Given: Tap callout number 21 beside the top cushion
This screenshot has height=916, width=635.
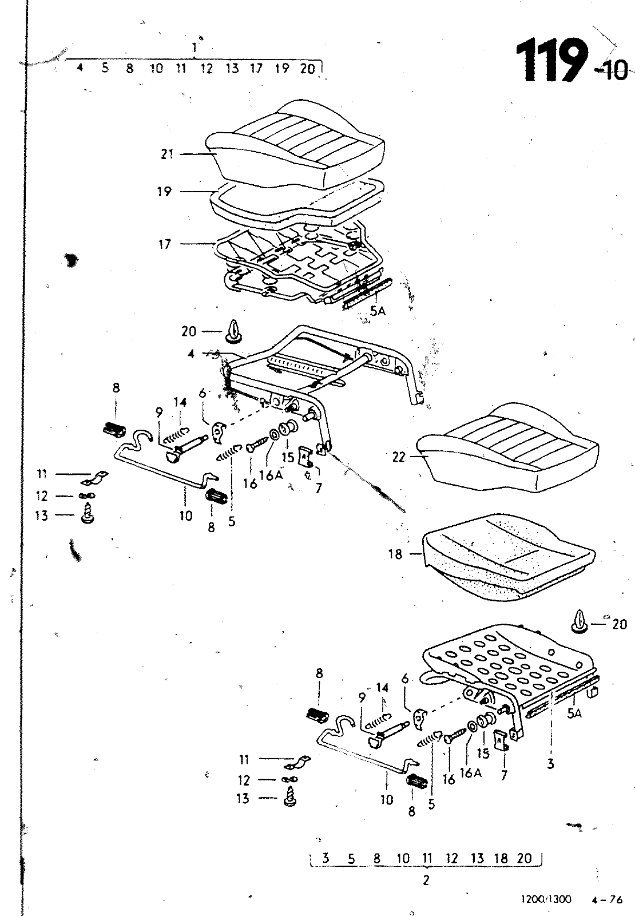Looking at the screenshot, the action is [x=167, y=154].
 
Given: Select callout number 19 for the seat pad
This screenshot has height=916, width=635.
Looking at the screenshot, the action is [x=164, y=191].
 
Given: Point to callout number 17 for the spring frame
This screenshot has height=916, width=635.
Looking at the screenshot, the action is [x=164, y=244].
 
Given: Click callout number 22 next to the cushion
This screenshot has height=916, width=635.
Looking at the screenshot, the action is [x=399, y=457].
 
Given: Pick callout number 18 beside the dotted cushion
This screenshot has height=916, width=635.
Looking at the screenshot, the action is [x=395, y=554].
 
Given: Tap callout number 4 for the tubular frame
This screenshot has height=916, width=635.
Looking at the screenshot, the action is [x=191, y=354].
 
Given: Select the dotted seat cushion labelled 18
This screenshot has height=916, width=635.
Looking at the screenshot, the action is [x=509, y=556].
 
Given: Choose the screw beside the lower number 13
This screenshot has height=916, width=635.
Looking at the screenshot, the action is [x=291, y=796].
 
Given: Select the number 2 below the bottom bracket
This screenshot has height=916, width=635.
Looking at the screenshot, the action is [x=426, y=880].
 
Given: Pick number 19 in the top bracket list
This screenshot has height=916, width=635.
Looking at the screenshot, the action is [x=281, y=68].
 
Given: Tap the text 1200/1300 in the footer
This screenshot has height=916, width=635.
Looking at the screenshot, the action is [x=546, y=899].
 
